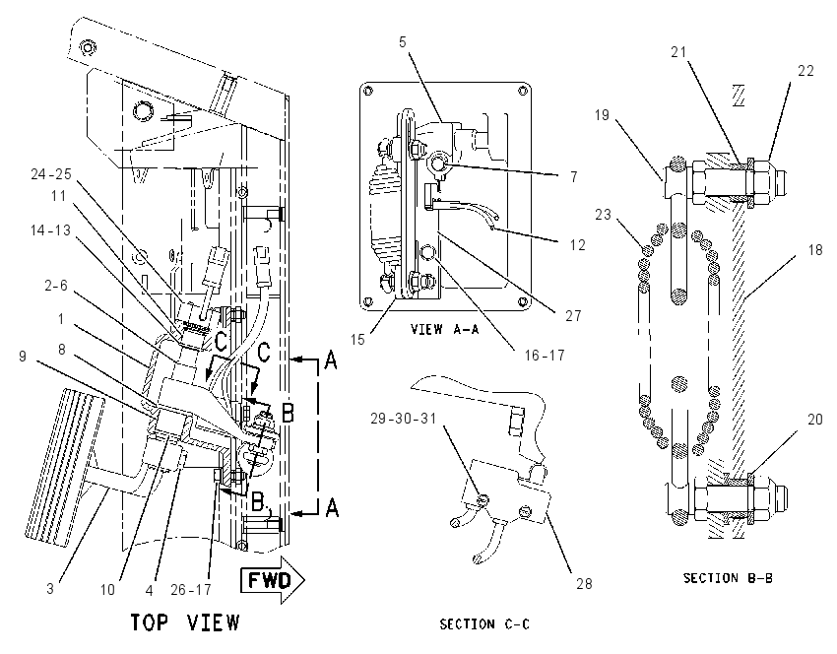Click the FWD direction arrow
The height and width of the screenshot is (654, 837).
[272, 580]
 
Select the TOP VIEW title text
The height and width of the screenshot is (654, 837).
[186, 622]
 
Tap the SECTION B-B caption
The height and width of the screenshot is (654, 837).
[728, 577]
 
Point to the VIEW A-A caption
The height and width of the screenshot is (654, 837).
[445, 329]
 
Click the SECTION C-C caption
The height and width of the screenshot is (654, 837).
[484, 623]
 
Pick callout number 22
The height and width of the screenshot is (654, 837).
[805, 71]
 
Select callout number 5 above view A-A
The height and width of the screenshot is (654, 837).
[403, 41]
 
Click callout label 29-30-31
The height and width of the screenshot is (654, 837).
[404, 418]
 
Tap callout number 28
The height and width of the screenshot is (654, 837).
[584, 583]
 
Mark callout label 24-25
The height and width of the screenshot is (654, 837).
[51, 174]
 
